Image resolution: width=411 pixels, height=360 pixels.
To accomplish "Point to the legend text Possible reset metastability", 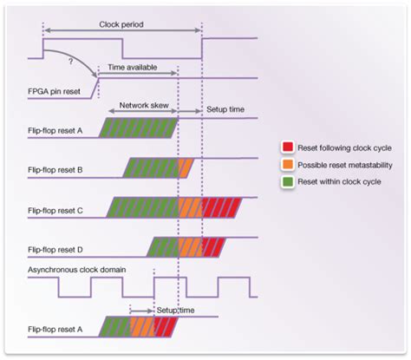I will (x=345, y=165).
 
